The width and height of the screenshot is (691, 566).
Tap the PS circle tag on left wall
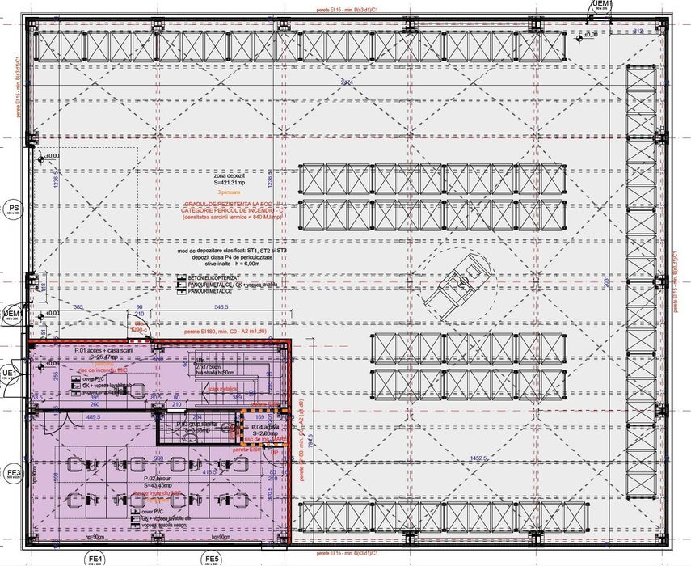point(14,209)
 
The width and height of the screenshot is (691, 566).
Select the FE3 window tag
point(14,474)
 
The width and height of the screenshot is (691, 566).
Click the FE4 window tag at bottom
point(95,559)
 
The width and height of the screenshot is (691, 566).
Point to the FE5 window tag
point(212,559)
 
